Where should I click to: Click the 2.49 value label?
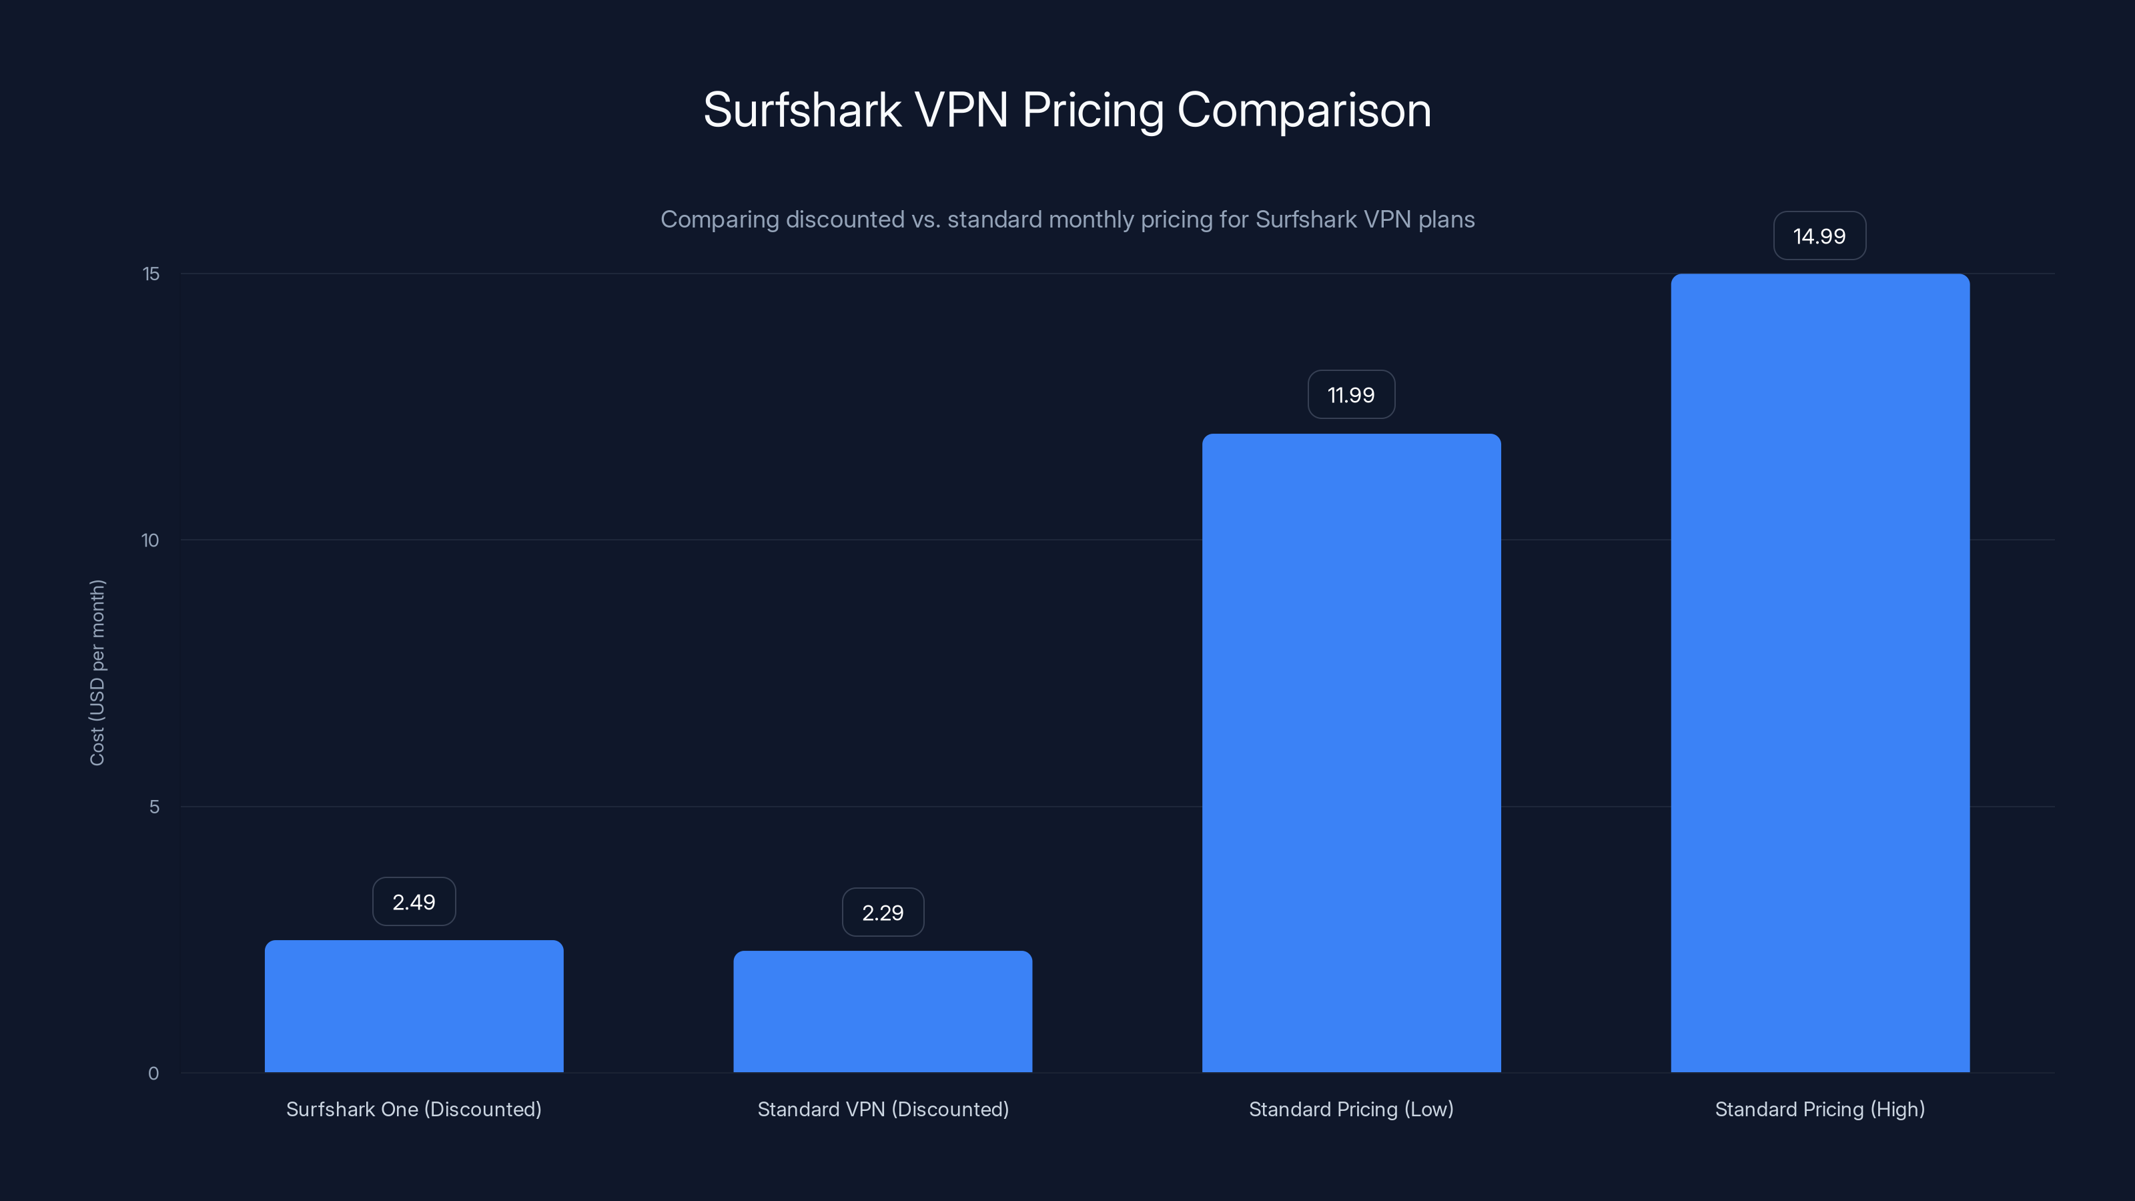(414, 902)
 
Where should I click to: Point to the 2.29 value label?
(883, 913)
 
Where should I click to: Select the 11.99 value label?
(1351, 394)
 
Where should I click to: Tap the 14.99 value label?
(1819, 236)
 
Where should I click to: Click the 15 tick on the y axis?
(151, 274)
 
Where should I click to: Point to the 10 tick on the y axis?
(150, 540)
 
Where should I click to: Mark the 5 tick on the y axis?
(154, 807)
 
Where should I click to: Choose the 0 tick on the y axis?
(153, 1074)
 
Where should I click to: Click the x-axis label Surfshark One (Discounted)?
(414, 1109)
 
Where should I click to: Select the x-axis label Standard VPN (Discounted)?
(883, 1109)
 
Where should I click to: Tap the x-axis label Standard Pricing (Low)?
(1351, 1109)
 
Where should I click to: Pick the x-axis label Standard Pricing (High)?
(1819, 1109)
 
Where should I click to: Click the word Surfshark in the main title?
(801, 110)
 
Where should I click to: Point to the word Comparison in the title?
(1304, 110)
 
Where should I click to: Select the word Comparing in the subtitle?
(719, 220)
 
